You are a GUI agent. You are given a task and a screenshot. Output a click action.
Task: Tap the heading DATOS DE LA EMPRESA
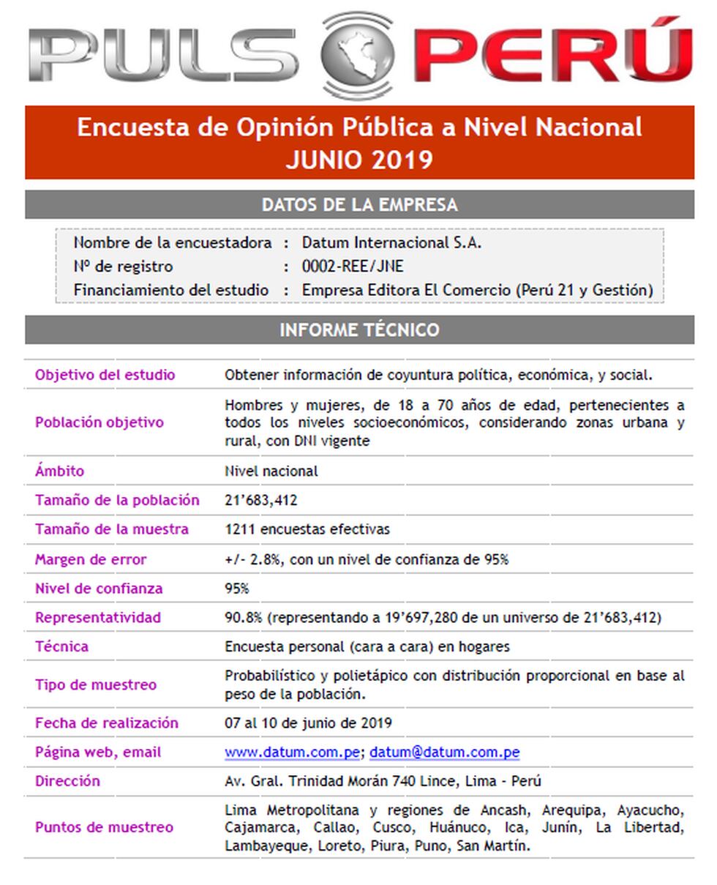[x=359, y=204]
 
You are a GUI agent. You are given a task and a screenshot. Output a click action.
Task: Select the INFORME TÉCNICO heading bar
[x=359, y=329]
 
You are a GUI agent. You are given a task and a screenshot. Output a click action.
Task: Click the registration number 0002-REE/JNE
[x=353, y=266]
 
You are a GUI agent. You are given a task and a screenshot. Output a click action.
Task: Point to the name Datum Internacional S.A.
[x=391, y=242]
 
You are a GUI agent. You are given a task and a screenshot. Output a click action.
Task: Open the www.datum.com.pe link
[x=292, y=752]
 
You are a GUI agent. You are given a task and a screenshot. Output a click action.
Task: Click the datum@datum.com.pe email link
[x=444, y=752]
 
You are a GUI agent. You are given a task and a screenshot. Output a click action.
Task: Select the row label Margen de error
[x=91, y=559]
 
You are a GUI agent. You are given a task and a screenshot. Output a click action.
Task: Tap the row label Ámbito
[x=59, y=471]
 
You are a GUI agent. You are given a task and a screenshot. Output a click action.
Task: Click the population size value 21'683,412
[x=260, y=500]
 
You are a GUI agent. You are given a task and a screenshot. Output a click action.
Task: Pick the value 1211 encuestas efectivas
[x=307, y=529]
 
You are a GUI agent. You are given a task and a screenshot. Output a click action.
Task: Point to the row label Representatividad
[x=98, y=617]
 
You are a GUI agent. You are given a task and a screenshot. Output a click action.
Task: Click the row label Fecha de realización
[x=107, y=722]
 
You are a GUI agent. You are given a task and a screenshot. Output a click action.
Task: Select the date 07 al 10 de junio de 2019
[x=308, y=722]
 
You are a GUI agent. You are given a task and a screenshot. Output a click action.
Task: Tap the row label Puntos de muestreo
[x=104, y=827]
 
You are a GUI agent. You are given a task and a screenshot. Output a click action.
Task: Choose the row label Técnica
[x=61, y=646]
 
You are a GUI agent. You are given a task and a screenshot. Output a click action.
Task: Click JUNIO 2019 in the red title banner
[x=359, y=159]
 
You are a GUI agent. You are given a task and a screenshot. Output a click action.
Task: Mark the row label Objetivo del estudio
[x=105, y=375]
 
